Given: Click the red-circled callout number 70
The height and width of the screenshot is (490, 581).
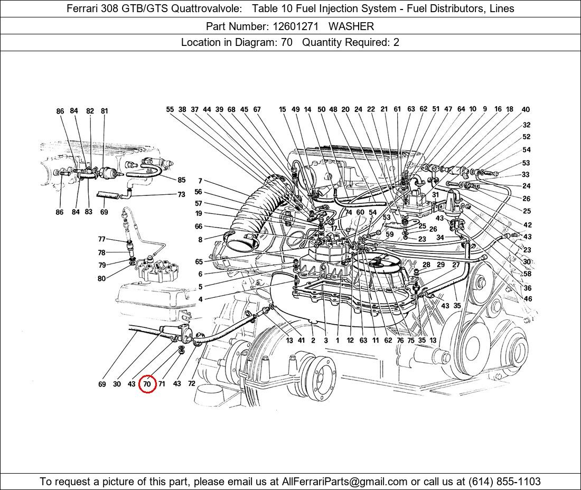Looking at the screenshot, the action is click(147, 384).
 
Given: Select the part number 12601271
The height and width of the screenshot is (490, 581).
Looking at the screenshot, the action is click(296, 26).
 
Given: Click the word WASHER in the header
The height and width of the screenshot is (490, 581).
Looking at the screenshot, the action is click(351, 26).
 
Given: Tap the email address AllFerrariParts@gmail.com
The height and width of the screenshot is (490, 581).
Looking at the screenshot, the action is click(344, 482).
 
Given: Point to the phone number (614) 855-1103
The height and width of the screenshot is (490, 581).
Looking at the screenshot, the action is click(504, 482).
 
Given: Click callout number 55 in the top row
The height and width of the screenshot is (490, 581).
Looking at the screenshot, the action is click(170, 109).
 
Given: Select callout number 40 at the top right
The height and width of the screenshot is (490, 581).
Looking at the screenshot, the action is click(526, 109).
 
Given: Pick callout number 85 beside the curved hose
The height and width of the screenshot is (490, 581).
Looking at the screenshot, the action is click(181, 180).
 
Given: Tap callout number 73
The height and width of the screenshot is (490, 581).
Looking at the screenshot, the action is click(181, 194).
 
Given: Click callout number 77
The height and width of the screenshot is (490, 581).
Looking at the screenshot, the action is click(101, 239).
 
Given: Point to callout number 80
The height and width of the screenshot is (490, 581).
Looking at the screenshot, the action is click(101, 278).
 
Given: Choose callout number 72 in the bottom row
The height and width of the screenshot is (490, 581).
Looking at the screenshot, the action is click(192, 384).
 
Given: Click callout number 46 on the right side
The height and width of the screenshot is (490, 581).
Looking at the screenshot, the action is click(528, 299).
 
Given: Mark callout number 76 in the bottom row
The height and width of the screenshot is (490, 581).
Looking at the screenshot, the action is click(400, 341).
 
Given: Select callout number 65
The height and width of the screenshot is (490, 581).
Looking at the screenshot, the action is click(199, 262).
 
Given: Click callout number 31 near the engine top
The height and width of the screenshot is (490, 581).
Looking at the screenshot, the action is click(435, 195).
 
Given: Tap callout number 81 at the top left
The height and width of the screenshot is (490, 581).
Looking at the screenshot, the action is click(104, 111).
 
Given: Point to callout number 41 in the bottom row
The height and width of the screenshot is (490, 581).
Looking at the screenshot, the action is click(301, 341).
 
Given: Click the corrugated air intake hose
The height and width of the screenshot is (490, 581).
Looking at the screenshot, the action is click(255, 215).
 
